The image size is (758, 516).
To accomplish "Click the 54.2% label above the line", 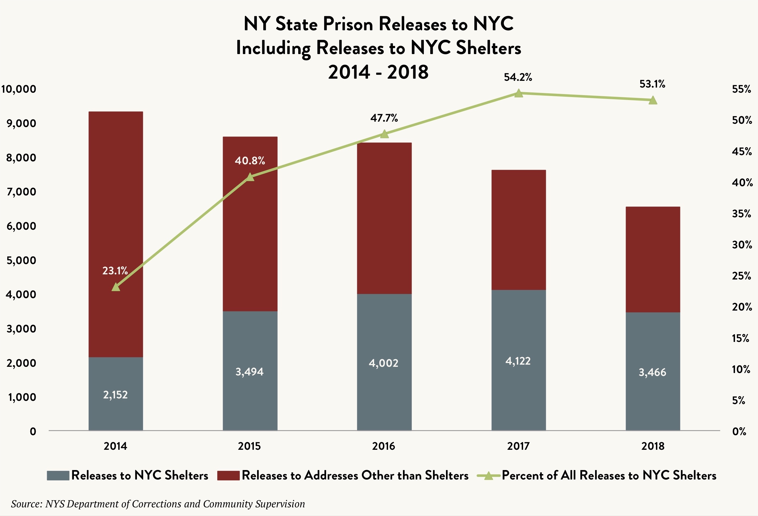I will tap(518, 77).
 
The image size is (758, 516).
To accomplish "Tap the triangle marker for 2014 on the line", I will tap(116, 287).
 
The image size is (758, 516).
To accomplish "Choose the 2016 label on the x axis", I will tap(383, 446).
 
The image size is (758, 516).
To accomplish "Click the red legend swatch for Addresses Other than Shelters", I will tap(228, 476).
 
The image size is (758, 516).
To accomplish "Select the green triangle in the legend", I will tap(488, 476).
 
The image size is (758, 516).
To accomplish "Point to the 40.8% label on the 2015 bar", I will tap(250, 161).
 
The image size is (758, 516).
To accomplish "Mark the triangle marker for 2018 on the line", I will tap(653, 100).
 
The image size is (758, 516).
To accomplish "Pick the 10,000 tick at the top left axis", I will tap(19, 89).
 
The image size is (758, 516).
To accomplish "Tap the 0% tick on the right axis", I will tap(739, 431).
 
